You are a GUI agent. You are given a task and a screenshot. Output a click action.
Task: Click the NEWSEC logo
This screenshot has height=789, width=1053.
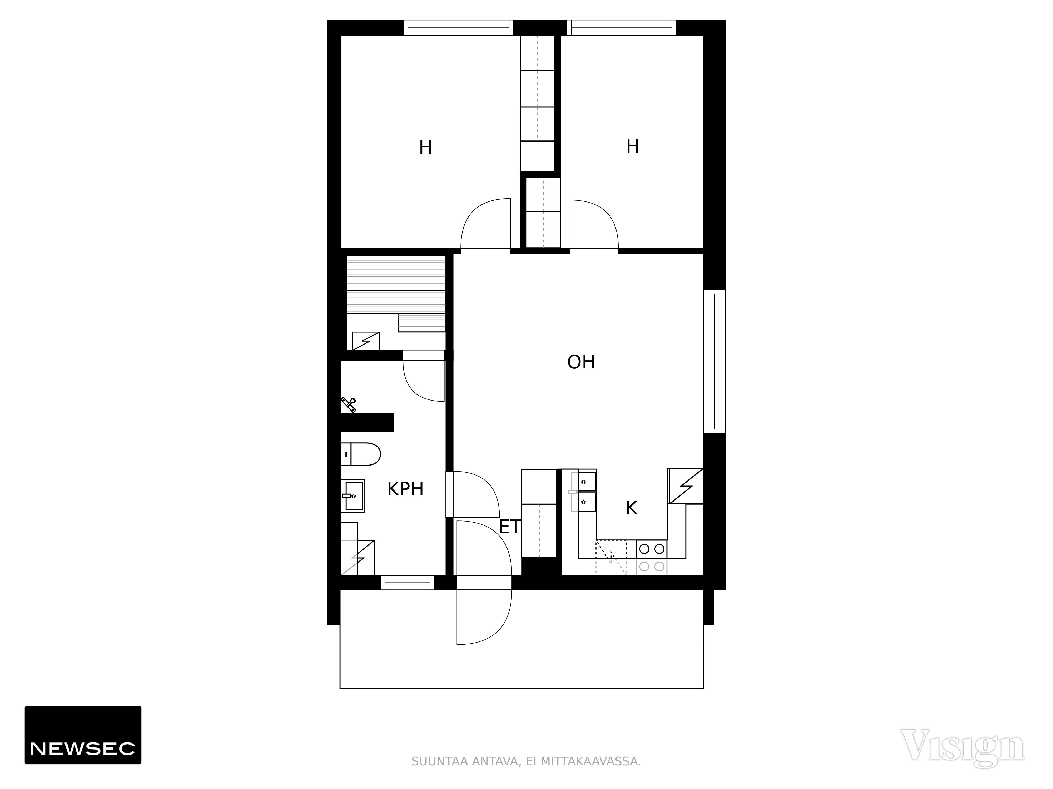tap(83, 735)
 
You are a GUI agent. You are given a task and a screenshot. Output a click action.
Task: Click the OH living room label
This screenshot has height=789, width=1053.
tap(581, 362)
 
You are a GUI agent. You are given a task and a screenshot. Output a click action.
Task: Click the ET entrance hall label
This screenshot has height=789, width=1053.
tap(510, 527)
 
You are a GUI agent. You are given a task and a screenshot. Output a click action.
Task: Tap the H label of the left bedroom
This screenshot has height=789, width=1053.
tap(425, 148)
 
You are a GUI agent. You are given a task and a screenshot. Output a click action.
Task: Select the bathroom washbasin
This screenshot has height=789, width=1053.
tap(353, 495)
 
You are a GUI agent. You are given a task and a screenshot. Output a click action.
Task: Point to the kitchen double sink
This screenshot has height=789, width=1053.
tap(584, 492)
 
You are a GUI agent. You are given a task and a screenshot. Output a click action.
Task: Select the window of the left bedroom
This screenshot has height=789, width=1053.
tap(458, 28)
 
